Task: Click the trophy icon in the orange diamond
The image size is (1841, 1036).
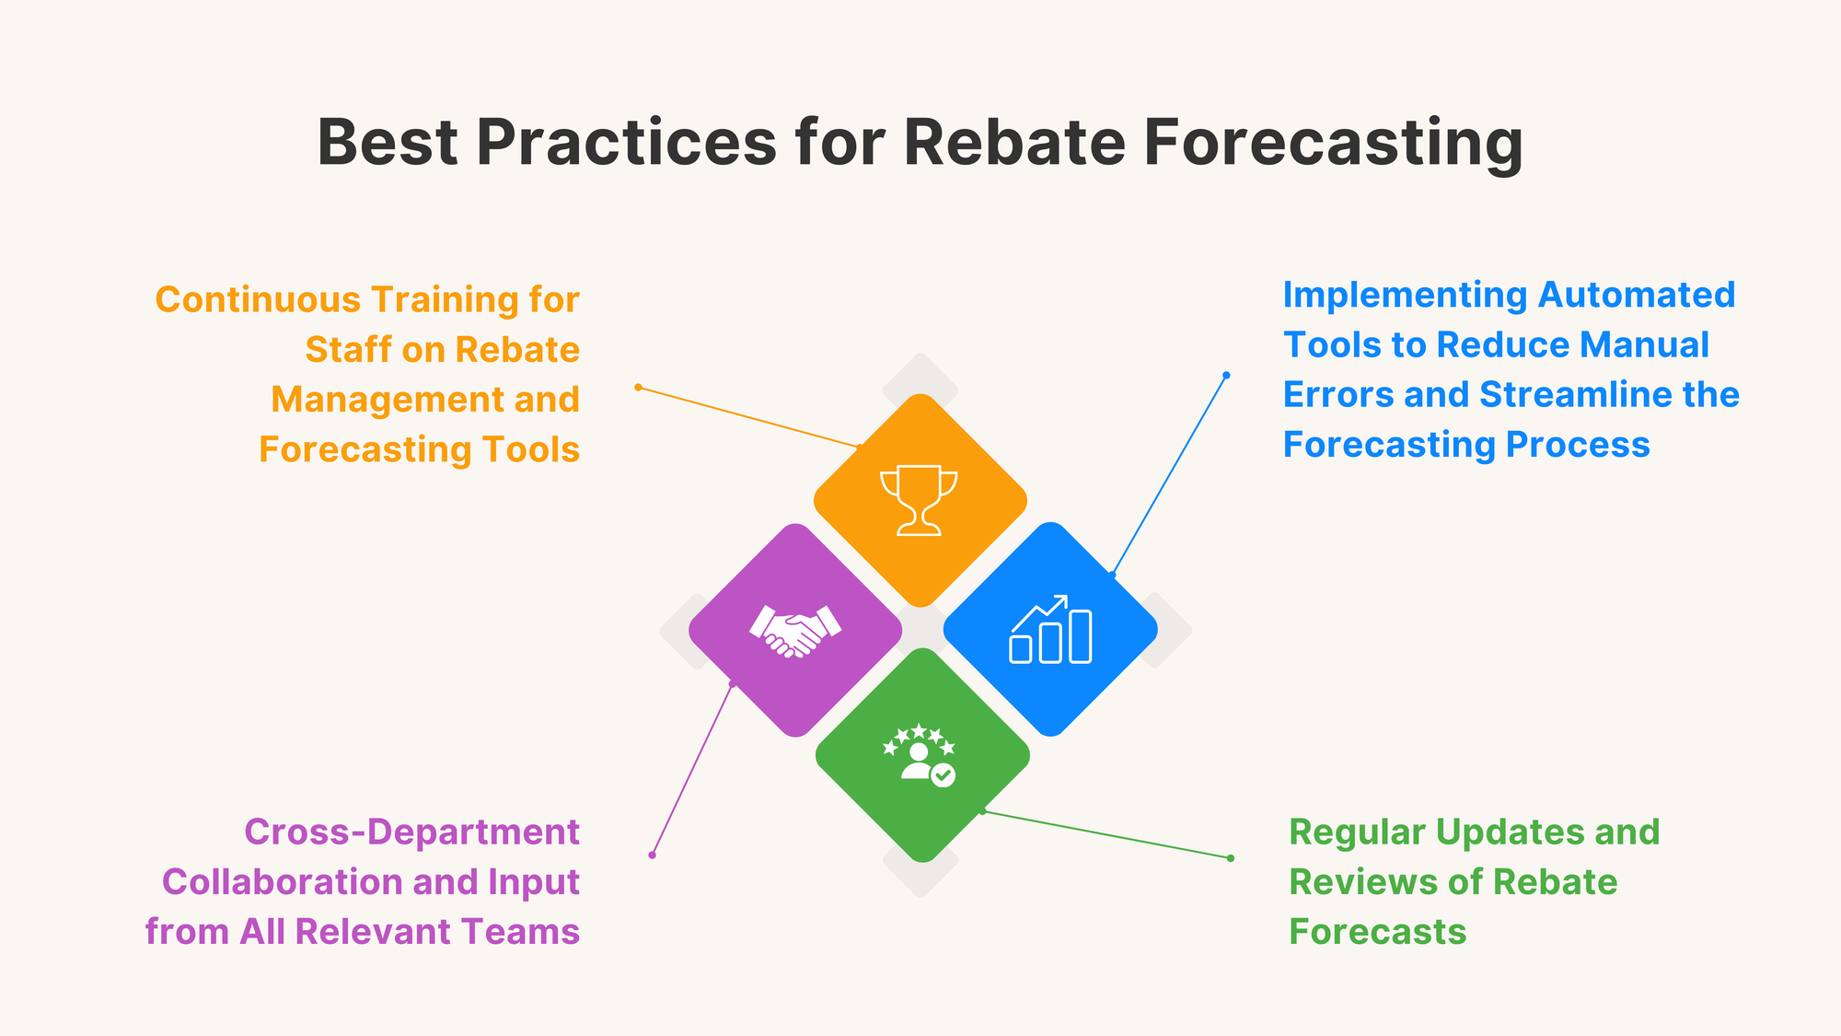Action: coord(920,500)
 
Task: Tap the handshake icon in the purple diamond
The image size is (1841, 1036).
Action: coord(795,631)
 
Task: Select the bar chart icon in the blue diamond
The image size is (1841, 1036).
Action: coord(1050,630)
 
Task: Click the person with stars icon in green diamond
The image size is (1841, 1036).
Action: coord(920,754)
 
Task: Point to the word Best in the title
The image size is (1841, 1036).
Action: coord(388,143)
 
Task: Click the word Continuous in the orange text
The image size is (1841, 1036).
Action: coord(258,300)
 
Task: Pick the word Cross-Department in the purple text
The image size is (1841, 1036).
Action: coord(411,832)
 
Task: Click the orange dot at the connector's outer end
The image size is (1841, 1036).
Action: coord(638,387)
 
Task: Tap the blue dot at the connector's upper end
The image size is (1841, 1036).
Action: coord(1226,375)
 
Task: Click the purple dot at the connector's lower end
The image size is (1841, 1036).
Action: coord(652,855)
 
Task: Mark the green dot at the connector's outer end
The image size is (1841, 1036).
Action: coord(1231,858)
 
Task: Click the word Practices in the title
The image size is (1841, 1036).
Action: coord(627,143)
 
